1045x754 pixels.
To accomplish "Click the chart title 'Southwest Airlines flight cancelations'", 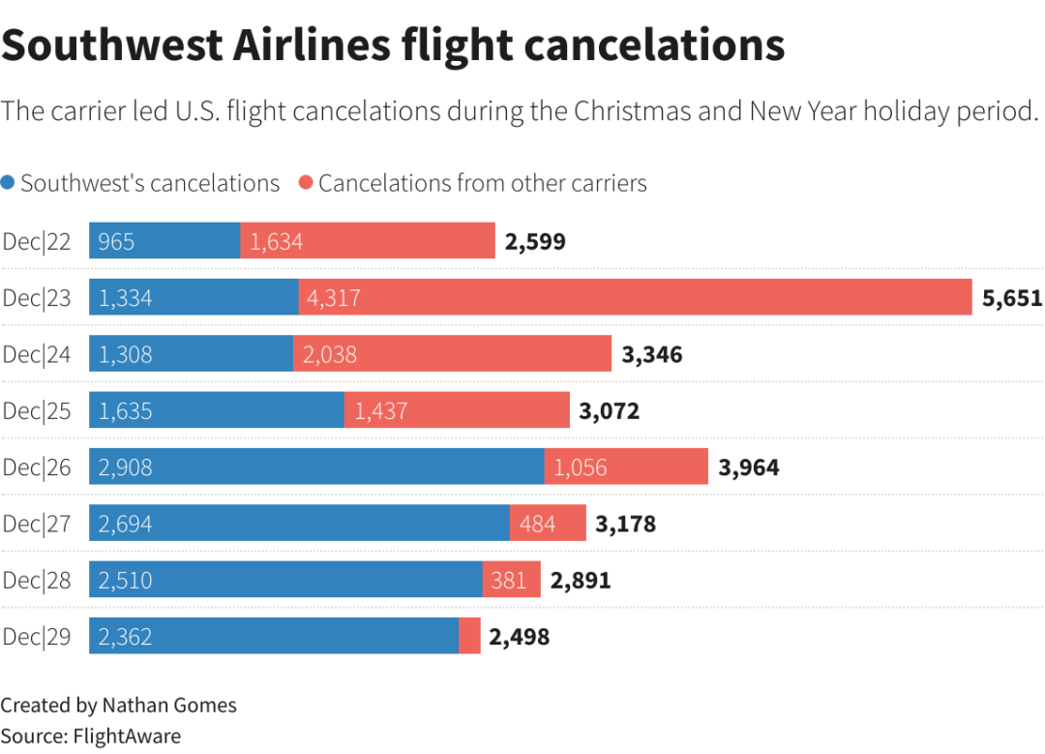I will point(392,45).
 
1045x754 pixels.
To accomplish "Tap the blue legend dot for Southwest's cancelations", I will point(9,183).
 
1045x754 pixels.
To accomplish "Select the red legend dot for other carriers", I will point(306,183).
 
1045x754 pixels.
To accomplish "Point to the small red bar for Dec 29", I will point(469,636).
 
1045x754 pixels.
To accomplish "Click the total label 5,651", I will point(1012,298).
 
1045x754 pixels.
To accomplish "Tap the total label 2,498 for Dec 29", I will point(520,637).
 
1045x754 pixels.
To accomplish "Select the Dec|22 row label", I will point(37,241).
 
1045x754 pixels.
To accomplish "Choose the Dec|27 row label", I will point(37,524).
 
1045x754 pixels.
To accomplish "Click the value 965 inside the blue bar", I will point(116,241).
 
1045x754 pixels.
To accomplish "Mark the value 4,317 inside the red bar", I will point(334,298).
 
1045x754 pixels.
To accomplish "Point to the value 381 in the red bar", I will point(509,580).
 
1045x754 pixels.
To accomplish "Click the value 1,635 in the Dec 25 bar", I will point(126,411).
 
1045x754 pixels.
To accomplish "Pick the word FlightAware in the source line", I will point(127,736).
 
